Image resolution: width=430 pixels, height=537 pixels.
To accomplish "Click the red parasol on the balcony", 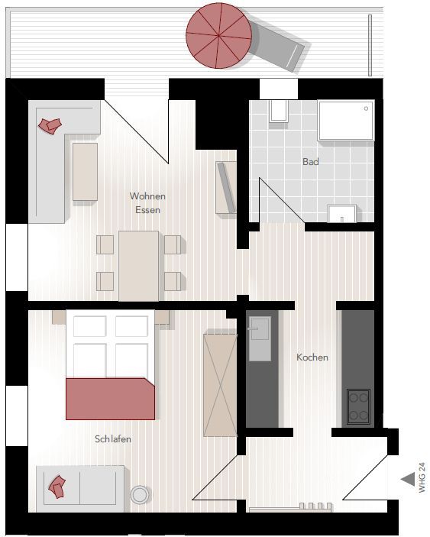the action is [219, 35].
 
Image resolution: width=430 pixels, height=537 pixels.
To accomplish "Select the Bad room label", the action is [311, 161].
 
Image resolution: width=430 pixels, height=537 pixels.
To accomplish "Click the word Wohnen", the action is [147, 196].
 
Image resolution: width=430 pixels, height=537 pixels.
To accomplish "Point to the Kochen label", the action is [312, 357].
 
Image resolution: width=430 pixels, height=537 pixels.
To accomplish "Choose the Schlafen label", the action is [113, 438].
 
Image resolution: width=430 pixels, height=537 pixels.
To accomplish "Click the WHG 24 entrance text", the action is [422, 477].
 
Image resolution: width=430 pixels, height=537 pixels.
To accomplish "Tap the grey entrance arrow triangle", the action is [408, 479].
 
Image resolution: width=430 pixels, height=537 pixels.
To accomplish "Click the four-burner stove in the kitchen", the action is [358, 406].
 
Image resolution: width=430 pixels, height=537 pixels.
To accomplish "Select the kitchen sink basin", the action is [260, 338].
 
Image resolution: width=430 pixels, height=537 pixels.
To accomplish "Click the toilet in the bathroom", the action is [278, 111].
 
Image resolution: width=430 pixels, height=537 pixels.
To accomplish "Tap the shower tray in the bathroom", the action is [345, 120].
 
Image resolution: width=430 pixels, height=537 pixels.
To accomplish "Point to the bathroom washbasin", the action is [341, 213].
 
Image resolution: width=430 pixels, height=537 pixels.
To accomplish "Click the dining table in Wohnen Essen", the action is [139, 266].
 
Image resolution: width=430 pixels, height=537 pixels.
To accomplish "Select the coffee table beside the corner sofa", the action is [85, 172].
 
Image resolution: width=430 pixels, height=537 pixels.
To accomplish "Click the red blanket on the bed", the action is [110, 399].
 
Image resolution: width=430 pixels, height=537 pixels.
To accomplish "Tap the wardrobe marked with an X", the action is [220, 385].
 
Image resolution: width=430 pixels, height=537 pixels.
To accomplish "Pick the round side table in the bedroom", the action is [139, 494].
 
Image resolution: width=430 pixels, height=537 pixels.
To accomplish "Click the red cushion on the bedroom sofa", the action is [57, 487].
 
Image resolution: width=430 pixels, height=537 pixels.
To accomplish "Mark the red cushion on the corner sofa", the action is [50, 126].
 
